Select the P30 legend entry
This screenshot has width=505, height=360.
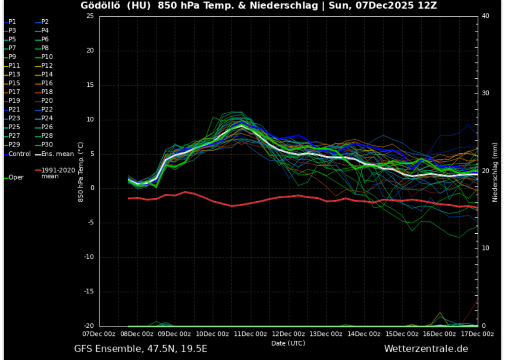tap(47, 144)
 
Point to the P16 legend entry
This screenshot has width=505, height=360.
tap(47, 83)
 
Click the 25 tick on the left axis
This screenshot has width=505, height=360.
tap(89, 16)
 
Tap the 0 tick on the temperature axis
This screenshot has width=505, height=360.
tap(91, 188)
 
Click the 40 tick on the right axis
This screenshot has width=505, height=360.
tap(485, 16)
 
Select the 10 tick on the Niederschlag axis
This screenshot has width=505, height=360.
tap(485, 248)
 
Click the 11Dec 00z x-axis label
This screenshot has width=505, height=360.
tap(250, 334)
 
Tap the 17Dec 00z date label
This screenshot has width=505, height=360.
tap(477, 334)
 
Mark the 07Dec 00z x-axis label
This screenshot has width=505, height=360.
tap(99, 334)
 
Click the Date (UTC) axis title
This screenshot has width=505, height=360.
tap(288, 343)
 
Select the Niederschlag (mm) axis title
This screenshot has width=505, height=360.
tap(495, 171)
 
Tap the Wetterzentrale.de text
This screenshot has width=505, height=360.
tap(426, 349)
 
